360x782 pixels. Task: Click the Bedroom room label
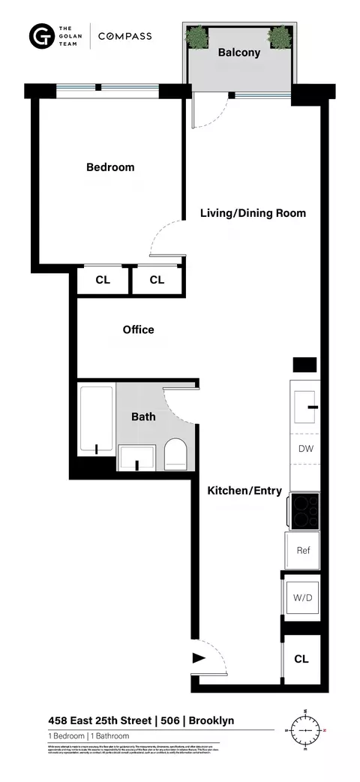pyautogui.click(x=110, y=167)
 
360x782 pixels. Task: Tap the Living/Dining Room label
pyautogui.click(x=253, y=213)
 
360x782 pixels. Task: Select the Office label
pyautogui.click(x=138, y=329)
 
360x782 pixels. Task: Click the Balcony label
pyautogui.click(x=238, y=53)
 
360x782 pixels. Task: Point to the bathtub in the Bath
pyautogui.click(x=97, y=420)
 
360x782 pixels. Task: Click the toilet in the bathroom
pyautogui.click(x=174, y=454)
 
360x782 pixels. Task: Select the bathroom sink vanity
pyautogui.click(x=136, y=457)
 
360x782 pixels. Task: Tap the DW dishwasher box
pyautogui.click(x=304, y=450)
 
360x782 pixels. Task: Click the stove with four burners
pyautogui.click(x=304, y=510)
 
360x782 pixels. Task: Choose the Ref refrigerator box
pyautogui.click(x=303, y=551)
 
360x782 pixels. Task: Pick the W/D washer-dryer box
pyautogui.click(x=304, y=598)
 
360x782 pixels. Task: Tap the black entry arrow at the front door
pyautogui.click(x=199, y=658)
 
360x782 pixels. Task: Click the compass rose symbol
pyautogui.click(x=306, y=729)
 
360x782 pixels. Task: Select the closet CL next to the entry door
pyautogui.click(x=301, y=659)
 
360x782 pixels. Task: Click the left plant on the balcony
pyautogui.click(x=198, y=36)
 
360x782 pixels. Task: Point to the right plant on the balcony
pyautogui.click(x=279, y=36)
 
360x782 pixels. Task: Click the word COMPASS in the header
pyautogui.click(x=124, y=36)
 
